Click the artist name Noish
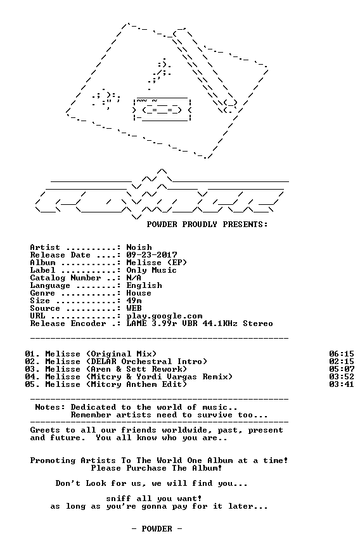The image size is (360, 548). tap(139, 247)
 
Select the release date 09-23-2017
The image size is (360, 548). tap(151, 255)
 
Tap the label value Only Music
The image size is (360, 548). tap(151, 270)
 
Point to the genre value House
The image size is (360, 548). tap(139, 293)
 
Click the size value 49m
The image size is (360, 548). tap(134, 301)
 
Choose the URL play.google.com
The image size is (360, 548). tap(164, 316)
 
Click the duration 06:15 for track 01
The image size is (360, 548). tap(342, 354)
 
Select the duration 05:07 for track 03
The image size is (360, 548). tap(342, 369)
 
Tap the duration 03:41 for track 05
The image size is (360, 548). tap(342, 384)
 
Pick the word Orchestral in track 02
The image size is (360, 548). tap(146, 362)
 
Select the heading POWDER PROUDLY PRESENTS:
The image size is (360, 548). tap(207, 225)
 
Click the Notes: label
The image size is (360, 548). tap(50, 407)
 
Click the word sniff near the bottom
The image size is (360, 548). tap(119, 499)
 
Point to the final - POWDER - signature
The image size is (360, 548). tap(157, 529)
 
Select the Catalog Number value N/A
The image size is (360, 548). tap(134, 278)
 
